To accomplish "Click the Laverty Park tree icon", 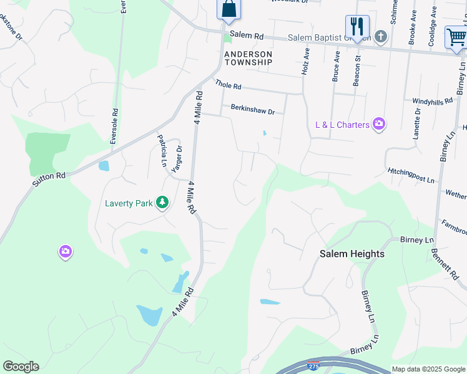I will tap(162, 202).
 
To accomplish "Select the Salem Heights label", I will tap(352, 254).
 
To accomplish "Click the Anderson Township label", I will tap(248, 58).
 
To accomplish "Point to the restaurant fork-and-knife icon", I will tap(357, 26).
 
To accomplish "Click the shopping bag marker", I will tap(229, 9).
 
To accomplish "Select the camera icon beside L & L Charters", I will tap(378, 125).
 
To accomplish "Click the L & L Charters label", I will tap(343, 125).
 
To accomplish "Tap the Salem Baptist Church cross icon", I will tap(381, 37).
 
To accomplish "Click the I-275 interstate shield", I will tap(313, 363).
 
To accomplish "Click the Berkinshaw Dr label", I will tap(253, 110).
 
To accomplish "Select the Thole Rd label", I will tap(228, 85).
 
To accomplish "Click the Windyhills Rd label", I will tap(432, 101).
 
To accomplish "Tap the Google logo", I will tap(21, 367).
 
